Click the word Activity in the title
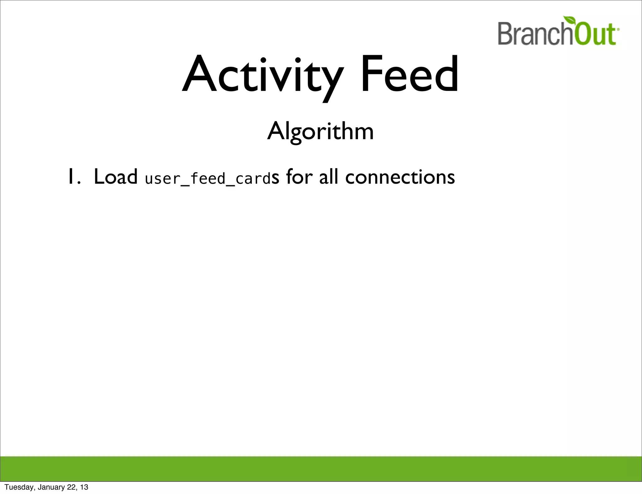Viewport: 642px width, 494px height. [263, 75]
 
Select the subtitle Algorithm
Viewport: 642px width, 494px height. [320, 131]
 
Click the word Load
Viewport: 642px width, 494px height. [115, 177]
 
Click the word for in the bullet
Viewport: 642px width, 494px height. [299, 177]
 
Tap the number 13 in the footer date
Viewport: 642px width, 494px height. [84, 487]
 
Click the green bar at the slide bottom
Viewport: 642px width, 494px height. [321, 468]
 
